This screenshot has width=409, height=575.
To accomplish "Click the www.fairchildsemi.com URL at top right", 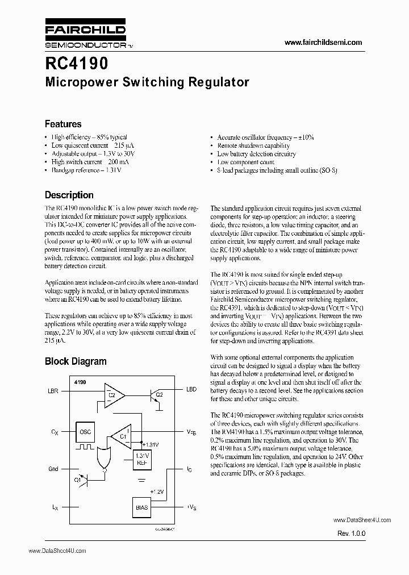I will pyautogui.click(x=322, y=43).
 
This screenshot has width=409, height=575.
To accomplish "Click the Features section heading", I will pyautogui.click(x=63, y=124).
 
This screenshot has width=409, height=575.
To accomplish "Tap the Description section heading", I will pyautogui.click(x=69, y=195).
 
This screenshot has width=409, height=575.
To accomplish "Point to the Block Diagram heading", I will pyautogui.click(x=76, y=361).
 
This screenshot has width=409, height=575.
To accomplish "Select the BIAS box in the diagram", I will pyautogui.click(x=141, y=506).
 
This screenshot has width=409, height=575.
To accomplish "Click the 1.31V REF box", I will pyautogui.click(x=141, y=459).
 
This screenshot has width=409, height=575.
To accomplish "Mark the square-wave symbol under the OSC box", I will pyautogui.click(x=87, y=447).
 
